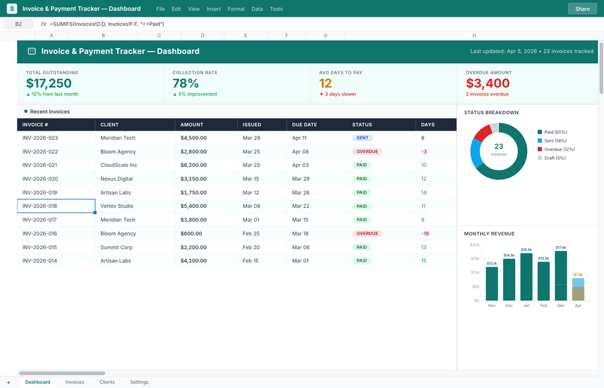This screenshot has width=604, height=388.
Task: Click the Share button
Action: [582, 9]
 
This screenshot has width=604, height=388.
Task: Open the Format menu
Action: [236, 9]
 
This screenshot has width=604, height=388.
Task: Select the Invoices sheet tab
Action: [75, 382]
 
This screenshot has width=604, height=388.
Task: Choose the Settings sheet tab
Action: [139, 382]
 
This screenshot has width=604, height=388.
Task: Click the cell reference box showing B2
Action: [18, 24]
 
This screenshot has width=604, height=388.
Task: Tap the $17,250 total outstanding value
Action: [49, 83]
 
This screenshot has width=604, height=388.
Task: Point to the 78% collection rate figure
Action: [185, 83]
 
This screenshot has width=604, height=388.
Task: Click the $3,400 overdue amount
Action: [487, 83]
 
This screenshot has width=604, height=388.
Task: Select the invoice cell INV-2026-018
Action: [56, 206]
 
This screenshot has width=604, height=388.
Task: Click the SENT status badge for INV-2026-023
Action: [362, 138]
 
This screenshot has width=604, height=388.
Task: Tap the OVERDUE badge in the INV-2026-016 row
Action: [367, 234]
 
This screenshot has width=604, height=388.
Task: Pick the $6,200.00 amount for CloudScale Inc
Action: [194, 165]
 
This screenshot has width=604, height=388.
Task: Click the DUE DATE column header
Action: [304, 125]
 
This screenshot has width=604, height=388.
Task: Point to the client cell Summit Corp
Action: [117, 247]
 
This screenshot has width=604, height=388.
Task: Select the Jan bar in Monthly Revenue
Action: [526, 276]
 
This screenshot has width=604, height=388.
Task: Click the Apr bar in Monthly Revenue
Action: [578, 289]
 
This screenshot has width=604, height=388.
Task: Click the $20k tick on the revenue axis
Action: [474, 245]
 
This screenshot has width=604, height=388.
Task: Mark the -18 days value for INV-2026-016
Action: [425, 234]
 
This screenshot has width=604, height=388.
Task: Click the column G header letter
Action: [325, 35]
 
